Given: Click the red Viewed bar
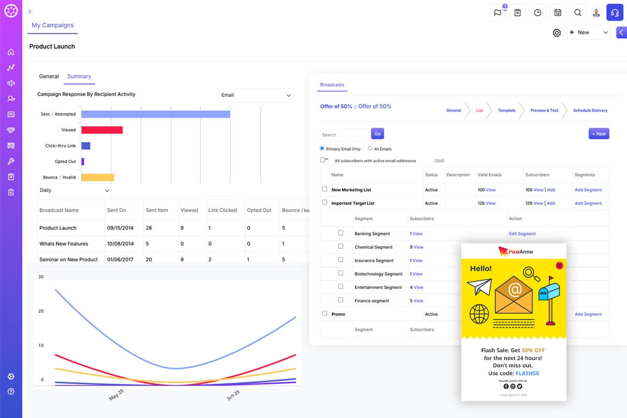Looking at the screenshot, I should (x=102, y=130).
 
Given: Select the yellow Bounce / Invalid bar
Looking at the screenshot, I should (x=98, y=177).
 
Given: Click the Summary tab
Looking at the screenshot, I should (x=79, y=76).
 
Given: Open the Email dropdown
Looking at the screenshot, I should (x=256, y=95).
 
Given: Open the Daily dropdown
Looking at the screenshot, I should (x=74, y=190).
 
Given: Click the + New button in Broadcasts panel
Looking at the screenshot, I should (x=599, y=134).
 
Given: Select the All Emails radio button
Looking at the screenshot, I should (x=370, y=149).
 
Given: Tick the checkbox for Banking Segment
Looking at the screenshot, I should (x=341, y=233).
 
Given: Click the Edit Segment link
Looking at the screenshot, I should (x=522, y=234).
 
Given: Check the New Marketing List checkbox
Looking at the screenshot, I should (x=324, y=189).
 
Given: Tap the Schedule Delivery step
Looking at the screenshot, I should (x=590, y=111).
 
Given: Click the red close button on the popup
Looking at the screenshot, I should (x=560, y=265).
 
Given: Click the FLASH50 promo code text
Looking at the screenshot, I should (x=527, y=374).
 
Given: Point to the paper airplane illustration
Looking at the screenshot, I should (x=480, y=287).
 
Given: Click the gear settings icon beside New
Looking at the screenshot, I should (x=557, y=33).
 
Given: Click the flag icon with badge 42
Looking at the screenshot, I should (x=497, y=13).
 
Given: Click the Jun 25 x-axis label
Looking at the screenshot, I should (x=233, y=396).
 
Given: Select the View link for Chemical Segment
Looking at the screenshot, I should (x=419, y=247).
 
